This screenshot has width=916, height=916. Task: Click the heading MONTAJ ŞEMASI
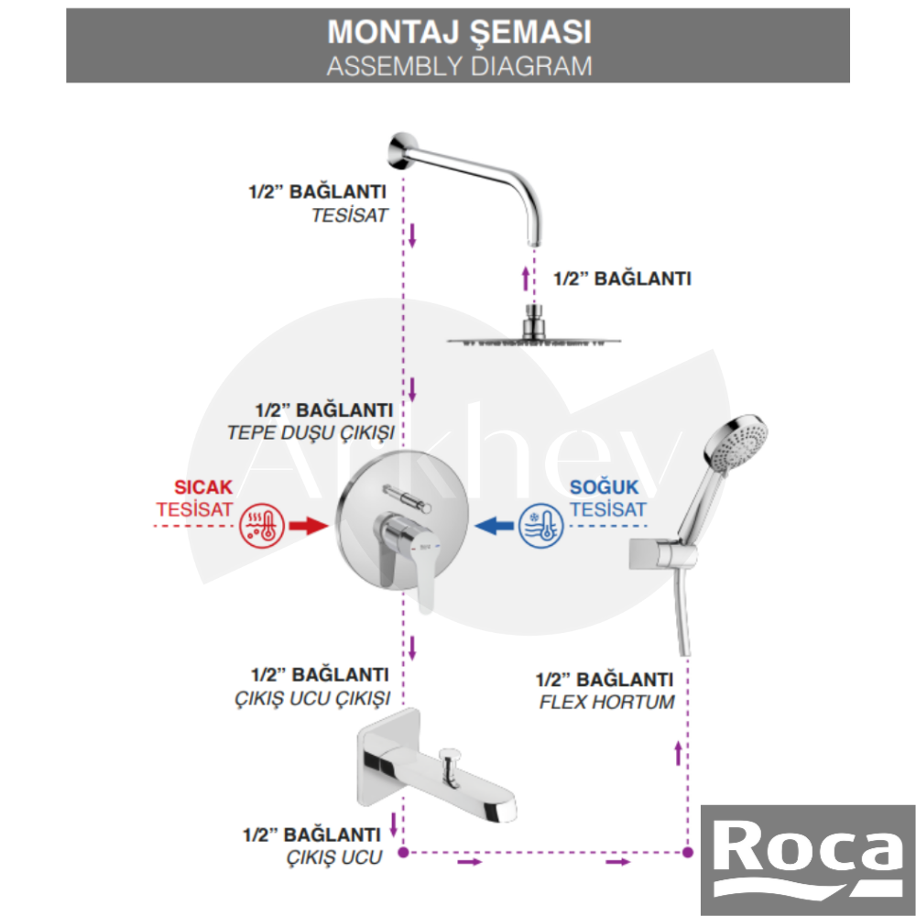pyautogui.click(x=459, y=31)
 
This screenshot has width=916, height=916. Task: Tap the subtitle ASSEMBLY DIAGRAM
pyautogui.click(x=459, y=65)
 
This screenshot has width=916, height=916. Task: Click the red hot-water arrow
pyautogui.click(x=308, y=526)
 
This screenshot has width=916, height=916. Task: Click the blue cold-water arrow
pyautogui.click(x=496, y=526)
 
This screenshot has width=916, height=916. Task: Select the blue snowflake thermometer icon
pyautogui.click(x=542, y=527)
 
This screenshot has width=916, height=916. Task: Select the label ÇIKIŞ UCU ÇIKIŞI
pyautogui.click(x=312, y=698)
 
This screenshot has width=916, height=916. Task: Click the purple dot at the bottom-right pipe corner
pyautogui.click(x=688, y=854)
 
